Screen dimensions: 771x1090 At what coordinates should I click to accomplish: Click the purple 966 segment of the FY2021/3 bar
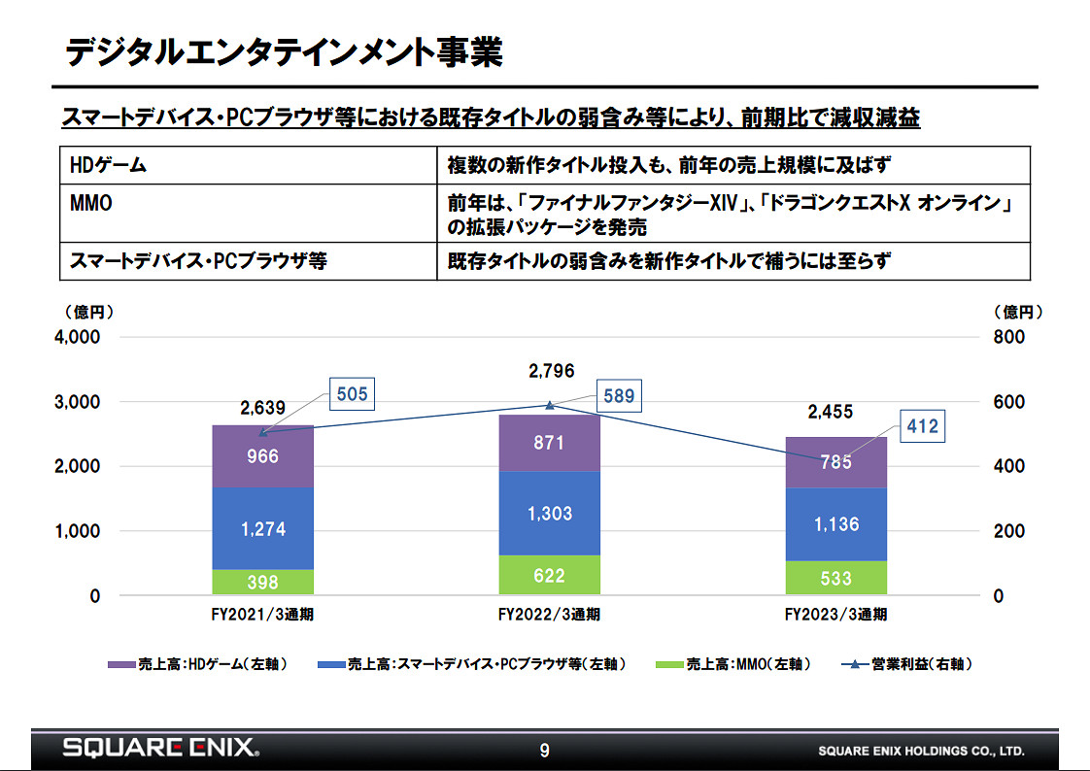tap(262, 455)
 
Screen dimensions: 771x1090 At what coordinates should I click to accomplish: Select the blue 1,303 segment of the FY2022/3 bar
tap(550, 514)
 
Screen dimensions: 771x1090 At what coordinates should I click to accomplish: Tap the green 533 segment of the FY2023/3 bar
tap(835, 578)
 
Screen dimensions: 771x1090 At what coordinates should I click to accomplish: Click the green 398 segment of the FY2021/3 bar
tap(262, 582)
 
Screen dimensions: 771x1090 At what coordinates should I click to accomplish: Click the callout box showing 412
tap(921, 425)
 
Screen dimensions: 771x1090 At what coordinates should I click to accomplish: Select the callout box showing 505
tap(351, 394)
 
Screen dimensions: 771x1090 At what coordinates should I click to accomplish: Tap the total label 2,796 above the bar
tap(551, 371)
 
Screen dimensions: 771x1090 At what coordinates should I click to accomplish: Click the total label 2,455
tap(830, 412)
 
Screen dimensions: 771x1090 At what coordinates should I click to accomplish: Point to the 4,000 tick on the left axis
tap(76, 338)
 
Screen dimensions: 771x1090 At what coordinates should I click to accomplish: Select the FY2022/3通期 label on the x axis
tap(549, 615)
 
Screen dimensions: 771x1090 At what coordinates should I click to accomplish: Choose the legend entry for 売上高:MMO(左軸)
tap(733, 664)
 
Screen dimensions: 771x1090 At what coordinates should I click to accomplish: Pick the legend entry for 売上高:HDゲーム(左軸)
tap(198, 664)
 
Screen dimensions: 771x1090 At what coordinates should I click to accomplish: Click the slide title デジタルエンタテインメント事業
tap(283, 52)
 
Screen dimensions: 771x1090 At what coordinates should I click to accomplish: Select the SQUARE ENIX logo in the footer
tap(160, 748)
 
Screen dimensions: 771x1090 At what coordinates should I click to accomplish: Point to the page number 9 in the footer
tap(544, 750)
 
